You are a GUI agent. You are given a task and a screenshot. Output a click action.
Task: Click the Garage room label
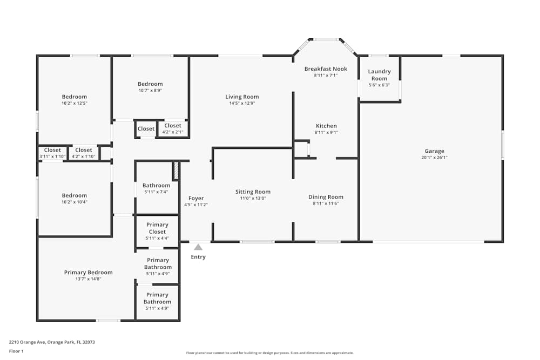pyautogui.click(x=434, y=151)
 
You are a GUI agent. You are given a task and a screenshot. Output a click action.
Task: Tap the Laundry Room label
pyautogui.click(x=379, y=75)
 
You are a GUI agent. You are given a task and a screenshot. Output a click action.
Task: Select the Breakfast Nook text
pyautogui.click(x=326, y=69)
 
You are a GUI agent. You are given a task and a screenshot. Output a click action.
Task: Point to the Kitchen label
pyautogui.click(x=326, y=126)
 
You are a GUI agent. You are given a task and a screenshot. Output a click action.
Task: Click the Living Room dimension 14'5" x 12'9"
pyautogui.click(x=242, y=104)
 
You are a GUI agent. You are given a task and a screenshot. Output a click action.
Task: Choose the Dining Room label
pyautogui.click(x=326, y=197)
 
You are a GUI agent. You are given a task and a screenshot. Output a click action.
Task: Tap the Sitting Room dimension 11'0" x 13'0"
pyautogui.click(x=253, y=199)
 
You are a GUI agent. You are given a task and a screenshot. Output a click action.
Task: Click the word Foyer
pyautogui.click(x=195, y=198)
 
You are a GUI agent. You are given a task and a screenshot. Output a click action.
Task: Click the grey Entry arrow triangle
pyautogui.click(x=198, y=247)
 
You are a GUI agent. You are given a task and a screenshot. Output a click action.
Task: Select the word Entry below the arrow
pyautogui.click(x=198, y=257)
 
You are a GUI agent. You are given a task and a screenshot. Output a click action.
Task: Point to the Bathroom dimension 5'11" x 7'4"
pyautogui.click(x=156, y=192)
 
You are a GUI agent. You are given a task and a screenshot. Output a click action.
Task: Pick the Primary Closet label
pyautogui.click(x=157, y=228)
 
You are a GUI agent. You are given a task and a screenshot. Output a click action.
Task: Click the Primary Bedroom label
pyautogui.click(x=88, y=273)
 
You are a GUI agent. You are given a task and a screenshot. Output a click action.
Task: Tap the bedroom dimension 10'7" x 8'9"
pyautogui.click(x=150, y=91)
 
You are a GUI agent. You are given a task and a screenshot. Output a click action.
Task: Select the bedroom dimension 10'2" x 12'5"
pyautogui.click(x=74, y=104)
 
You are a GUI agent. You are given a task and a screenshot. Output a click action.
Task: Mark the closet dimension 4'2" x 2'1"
pyautogui.click(x=173, y=132)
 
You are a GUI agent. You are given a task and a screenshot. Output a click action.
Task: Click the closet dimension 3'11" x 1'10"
pyautogui.click(x=52, y=157)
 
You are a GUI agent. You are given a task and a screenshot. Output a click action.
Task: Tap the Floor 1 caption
pyautogui.click(x=16, y=351)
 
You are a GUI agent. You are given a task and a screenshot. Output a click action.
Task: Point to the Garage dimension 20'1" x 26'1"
pyautogui.click(x=434, y=158)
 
